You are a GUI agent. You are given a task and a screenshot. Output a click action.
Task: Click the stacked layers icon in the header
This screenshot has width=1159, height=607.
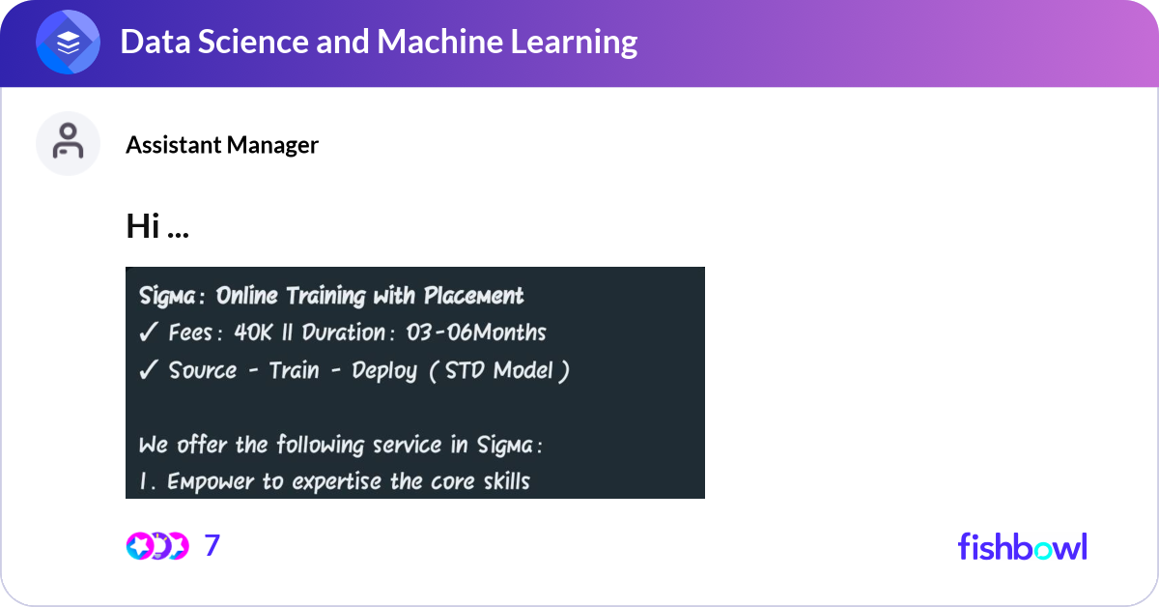pyautogui.click(x=68, y=42)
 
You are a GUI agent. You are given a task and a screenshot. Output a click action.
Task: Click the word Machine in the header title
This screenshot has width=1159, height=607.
pyautogui.click(x=439, y=42)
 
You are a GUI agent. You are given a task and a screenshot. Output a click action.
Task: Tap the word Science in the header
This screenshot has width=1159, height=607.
pyautogui.click(x=253, y=42)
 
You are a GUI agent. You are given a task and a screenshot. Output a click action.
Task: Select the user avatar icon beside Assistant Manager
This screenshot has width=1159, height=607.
pyautogui.click(x=68, y=143)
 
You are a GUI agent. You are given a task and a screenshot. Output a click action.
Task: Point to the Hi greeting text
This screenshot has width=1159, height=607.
pyautogui.click(x=157, y=226)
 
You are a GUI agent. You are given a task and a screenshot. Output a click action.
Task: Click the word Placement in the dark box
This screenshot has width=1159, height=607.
pyautogui.click(x=473, y=296)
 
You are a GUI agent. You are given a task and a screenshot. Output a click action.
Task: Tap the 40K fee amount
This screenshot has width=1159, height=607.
pyautogui.click(x=252, y=332)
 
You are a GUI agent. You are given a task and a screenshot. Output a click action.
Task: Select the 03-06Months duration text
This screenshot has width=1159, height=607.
pyautogui.click(x=476, y=332)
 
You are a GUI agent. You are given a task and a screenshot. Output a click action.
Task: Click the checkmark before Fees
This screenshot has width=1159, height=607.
pyautogui.click(x=148, y=332)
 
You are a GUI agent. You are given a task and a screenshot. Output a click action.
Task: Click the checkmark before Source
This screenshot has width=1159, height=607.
pyautogui.click(x=148, y=370)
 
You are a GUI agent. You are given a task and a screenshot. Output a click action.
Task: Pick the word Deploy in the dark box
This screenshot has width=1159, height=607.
pyautogui.click(x=384, y=371)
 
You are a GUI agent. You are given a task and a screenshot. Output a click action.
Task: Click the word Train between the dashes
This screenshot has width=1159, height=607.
pyautogui.click(x=294, y=370)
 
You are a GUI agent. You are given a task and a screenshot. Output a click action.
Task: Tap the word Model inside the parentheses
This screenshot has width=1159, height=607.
pyautogui.click(x=523, y=370)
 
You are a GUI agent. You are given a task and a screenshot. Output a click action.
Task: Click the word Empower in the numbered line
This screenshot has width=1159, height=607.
pyautogui.click(x=211, y=482)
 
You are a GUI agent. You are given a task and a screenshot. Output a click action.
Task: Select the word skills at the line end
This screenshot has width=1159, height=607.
pyautogui.click(x=506, y=481)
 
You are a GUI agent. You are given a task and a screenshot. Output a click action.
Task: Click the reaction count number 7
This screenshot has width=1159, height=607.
pyautogui.click(x=212, y=545)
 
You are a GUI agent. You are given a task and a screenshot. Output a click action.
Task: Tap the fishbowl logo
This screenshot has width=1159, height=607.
pyautogui.click(x=1023, y=546)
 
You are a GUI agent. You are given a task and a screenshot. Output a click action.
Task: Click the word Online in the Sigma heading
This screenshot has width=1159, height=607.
pyautogui.click(x=247, y=296)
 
